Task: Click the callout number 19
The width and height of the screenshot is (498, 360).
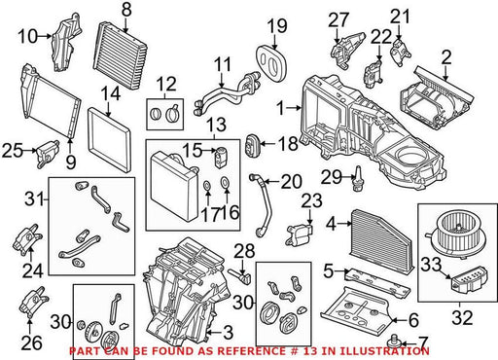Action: (277, 26)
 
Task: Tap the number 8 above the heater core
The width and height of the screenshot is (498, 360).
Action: (126, 10)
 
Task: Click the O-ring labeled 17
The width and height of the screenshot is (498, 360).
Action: (207, 186)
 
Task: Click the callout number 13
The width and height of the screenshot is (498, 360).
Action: (217, 125)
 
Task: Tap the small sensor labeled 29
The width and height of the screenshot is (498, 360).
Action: (359, 178)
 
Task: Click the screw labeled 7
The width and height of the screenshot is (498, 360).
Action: (395, 341)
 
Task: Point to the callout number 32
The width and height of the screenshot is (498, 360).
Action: (462, 318)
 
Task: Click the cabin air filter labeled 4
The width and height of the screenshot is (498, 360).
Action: (382, 240)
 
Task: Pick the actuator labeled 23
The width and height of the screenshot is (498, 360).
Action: (299, 234)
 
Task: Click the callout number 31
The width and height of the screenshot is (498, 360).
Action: (34, 198)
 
